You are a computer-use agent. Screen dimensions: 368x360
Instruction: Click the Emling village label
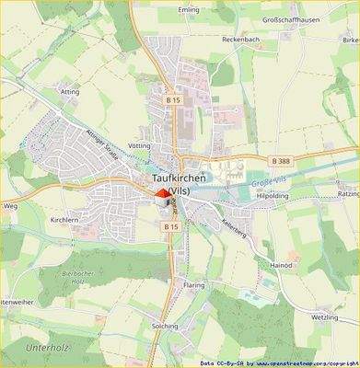[x=189, y=11]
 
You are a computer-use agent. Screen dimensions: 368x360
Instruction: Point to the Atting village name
[x=70, y=92]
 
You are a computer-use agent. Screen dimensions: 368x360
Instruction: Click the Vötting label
[x=141, y=146]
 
